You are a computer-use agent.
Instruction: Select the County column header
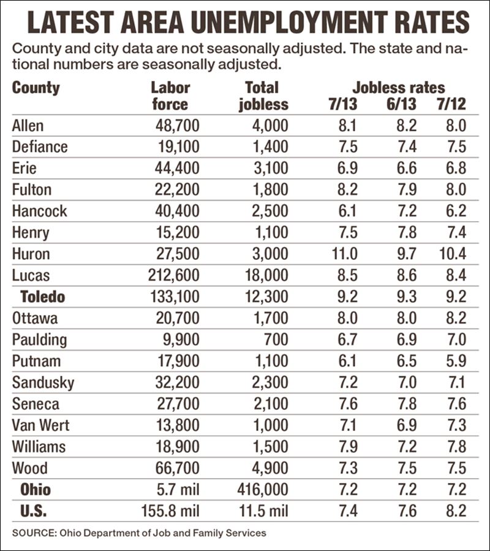[36, 88]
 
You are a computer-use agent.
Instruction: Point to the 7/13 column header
[342, 104]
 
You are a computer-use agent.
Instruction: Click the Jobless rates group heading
[398, 88]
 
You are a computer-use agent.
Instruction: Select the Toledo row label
[42, 297]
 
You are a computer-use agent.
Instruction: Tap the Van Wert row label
[40, 425]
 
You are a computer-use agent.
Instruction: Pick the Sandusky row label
[43, 382]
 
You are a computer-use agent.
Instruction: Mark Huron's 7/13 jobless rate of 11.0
[345, 254]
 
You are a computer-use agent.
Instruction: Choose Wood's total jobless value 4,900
[270, 468]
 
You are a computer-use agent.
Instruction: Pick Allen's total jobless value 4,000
[270, 126]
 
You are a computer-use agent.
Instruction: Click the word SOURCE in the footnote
[32, 533]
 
